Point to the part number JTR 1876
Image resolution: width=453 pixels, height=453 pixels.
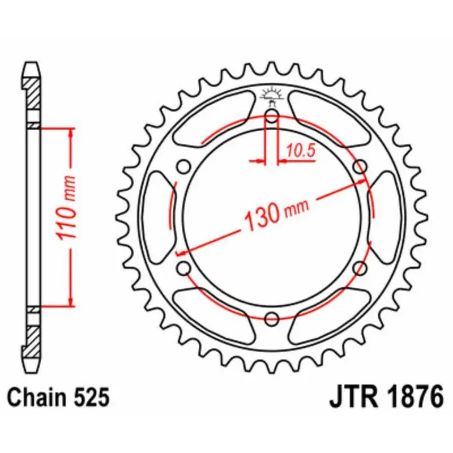pos(386,398)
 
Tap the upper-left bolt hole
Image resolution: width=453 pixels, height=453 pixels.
pos(183,166)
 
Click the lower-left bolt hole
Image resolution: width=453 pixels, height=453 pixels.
pos(183,267)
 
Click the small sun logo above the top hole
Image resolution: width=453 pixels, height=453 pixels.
pos(272,95)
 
